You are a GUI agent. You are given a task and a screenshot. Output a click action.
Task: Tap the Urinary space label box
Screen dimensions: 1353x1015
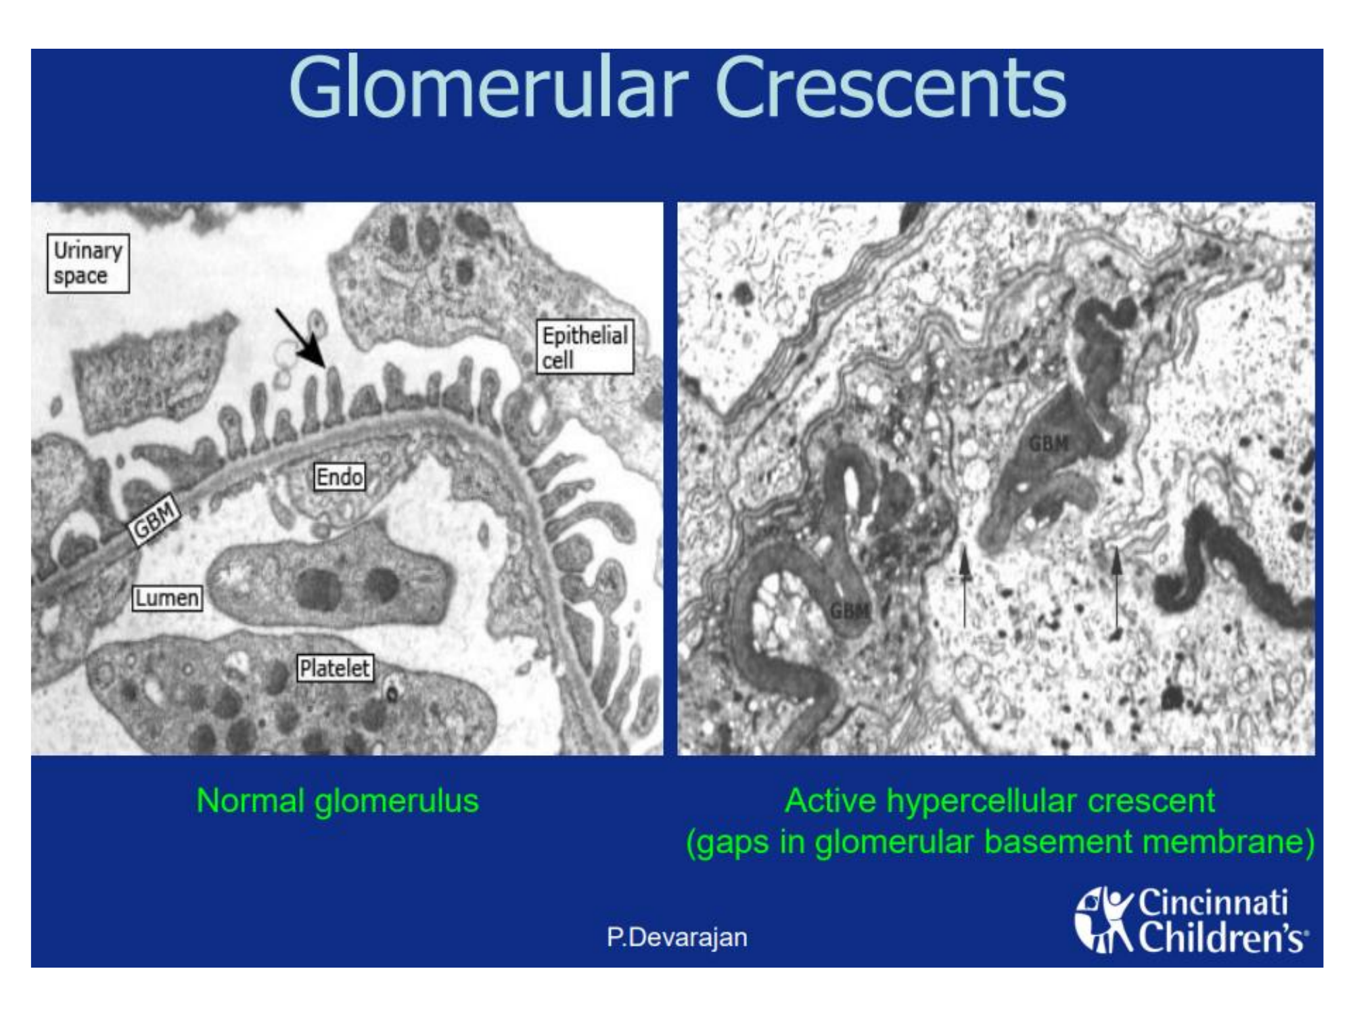tap(88, 263)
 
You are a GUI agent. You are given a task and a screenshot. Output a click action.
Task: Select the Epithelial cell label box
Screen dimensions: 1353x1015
tap(585, 347)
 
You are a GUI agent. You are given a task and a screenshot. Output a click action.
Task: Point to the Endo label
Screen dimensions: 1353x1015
tap(340, 477)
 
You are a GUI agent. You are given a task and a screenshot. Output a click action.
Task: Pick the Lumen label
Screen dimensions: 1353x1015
tap(167, 597)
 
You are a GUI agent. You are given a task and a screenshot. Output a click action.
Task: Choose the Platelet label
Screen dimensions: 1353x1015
tap(335, 668)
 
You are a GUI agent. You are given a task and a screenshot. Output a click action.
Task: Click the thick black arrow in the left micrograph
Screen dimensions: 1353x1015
tap(301, 338)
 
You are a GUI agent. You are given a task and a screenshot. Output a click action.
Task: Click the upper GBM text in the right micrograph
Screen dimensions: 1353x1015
tap(1049, 444)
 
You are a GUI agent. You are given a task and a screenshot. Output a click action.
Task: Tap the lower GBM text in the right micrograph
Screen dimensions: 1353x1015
tap(850, 612)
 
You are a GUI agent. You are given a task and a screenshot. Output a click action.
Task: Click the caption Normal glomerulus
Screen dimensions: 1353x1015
tap(338, 801)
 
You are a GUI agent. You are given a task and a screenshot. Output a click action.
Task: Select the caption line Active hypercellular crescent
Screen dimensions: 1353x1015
tap(999, 801)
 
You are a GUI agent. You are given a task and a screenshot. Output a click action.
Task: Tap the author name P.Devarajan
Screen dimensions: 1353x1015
tap(677, 937)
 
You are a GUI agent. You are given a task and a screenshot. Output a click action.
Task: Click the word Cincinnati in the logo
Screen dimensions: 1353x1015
tap(1212, 903)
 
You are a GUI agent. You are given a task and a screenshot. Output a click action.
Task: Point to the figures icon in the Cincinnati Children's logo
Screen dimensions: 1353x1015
tap(1105, 921)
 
